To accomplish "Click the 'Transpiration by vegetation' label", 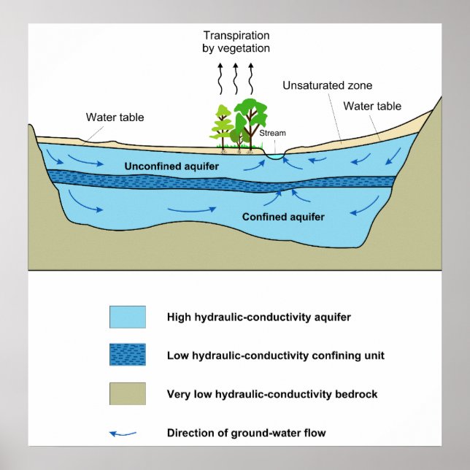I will point(236,42).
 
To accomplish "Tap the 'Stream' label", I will point(272,134).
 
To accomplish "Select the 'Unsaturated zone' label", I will point(327,85).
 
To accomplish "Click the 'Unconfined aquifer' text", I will point(172,167).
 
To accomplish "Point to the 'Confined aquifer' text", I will point(283,217).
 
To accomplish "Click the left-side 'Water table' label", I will point(115,117).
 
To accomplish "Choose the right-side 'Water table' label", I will point(372,106).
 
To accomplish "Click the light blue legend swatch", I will point(128,317).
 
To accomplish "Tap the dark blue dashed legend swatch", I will point(128,355).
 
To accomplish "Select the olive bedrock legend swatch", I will point(128,394).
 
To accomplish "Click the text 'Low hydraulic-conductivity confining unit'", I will point(275,356).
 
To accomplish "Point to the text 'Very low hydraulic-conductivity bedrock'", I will point(272,395).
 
